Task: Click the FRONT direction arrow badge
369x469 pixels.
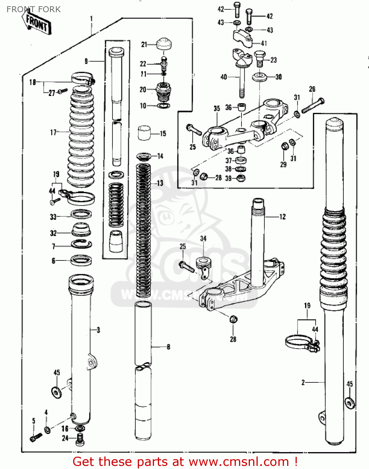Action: [37, 23]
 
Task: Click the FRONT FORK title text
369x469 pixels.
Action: [33, 9]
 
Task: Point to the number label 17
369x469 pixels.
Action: [53, 133]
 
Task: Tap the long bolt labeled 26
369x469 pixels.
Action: [313, 105]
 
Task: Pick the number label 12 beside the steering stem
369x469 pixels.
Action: [282, 217]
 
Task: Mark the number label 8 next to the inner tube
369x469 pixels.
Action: [168, 347]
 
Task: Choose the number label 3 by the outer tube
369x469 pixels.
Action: [98, 330]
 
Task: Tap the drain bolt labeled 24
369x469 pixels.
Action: [80, 439]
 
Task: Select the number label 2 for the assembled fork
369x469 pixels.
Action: [303, 382]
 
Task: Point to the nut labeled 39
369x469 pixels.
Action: [241, 179]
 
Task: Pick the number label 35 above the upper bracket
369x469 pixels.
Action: [217, 108]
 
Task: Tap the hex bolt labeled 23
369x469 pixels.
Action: [259, 59]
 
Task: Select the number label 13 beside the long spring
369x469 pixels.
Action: [160, 183]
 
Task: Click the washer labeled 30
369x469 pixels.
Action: [259, 77]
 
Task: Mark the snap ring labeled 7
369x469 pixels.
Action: [81, 244]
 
